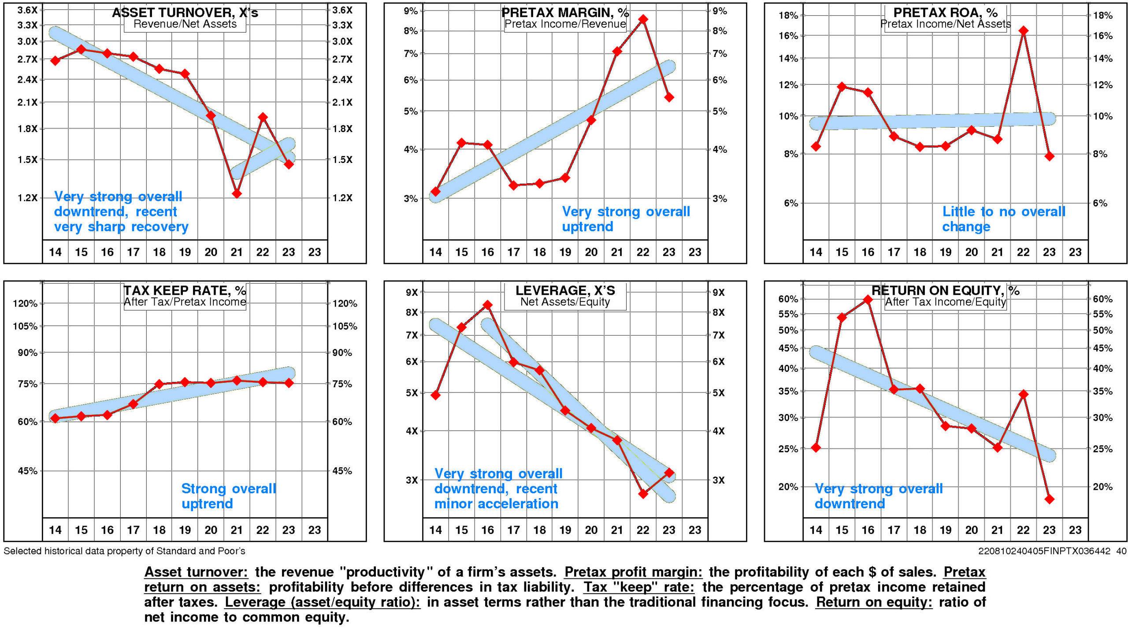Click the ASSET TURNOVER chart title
[185, 12]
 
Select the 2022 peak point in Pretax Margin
[643, 19]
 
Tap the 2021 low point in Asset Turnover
[237, 193]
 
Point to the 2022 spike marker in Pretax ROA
[1023, 31]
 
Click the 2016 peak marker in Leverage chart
[487, 305]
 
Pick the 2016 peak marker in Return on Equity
[868, 300]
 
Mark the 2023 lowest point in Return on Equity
[1049, 499]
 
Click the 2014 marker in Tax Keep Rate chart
[55, 418]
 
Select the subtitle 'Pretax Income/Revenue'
[565, 24]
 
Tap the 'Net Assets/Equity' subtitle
[565, 302]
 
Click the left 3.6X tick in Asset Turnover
[27, 10]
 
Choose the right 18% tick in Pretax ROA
[1102, 15]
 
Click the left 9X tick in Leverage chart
[411, 292]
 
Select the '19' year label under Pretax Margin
[565, 252]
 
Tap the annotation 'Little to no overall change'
[1003, 219]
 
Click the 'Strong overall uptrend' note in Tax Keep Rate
[229, 496]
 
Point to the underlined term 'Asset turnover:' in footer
[196, 572]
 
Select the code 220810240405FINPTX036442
[1044, 551]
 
